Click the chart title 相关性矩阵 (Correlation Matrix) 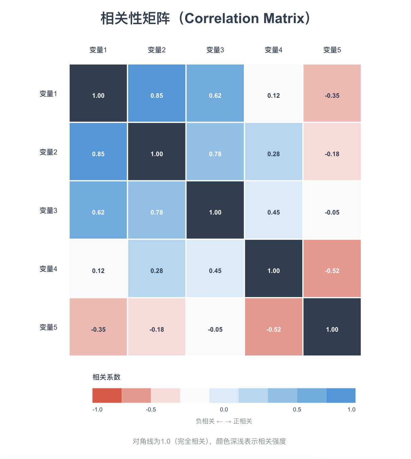click(x=205, y=18)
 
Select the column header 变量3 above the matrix click(x=215, y=50)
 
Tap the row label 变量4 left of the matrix click(x=48, y=269)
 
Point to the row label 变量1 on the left click(x=48, y=94)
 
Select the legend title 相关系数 click(x=106, y=377)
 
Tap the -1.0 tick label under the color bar click(x=97, y=409)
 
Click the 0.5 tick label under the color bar click(x=297, y=409)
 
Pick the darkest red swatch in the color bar click(x=107, y=396)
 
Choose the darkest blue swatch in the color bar click(x=341, y=396)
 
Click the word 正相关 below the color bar click(x=243, y=421)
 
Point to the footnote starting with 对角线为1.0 click(x=209, y=441)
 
